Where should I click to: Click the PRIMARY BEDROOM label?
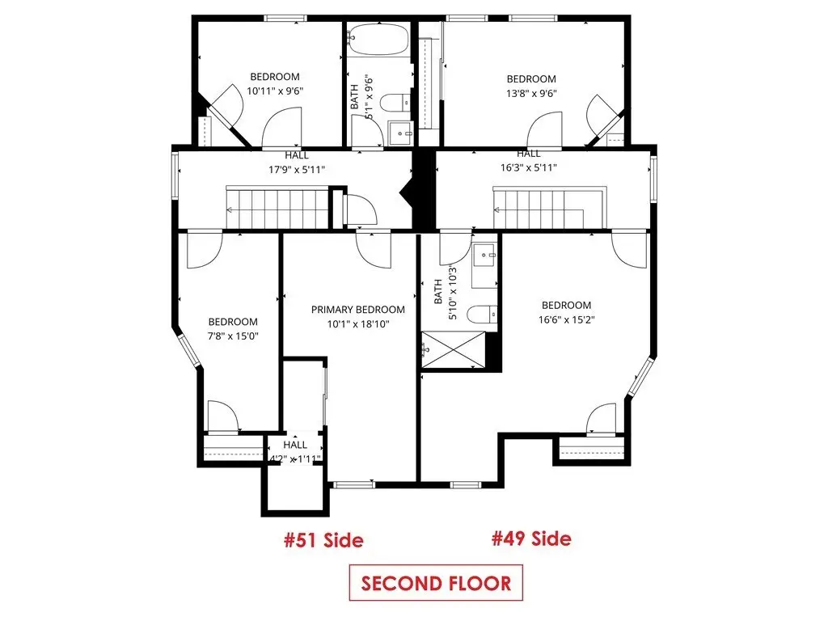click(358, 310)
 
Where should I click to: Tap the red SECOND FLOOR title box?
click(436, 583)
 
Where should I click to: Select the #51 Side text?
click(323, 540)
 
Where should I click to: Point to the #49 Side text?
click(531, 538)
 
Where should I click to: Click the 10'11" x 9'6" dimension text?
click(275, 91)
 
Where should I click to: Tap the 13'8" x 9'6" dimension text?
click(531, 93)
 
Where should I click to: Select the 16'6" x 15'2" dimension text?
click(567, 319)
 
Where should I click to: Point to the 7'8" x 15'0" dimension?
click(233, 336)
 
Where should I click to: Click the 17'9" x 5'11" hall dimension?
click(297, 170)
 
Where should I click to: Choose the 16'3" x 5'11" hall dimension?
click(529, 167)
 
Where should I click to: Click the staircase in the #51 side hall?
click(279, 207)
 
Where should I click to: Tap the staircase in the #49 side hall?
click(549, 207)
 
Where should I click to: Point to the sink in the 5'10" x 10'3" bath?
click(484, 256)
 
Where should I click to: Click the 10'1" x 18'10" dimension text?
click(358, 323)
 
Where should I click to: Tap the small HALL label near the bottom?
click(294, 445)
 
